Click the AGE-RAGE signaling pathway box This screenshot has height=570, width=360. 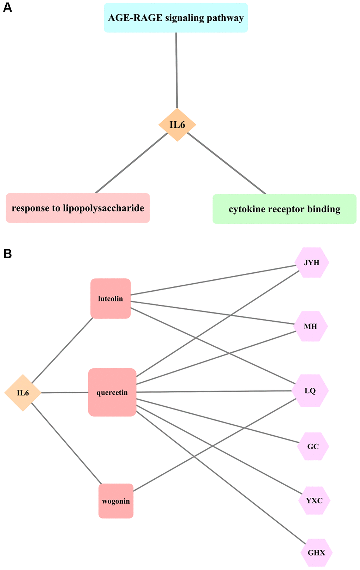click(176, 18)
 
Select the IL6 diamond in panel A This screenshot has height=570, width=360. click(177, 125)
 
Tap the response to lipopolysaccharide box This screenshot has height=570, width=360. click(78, 208)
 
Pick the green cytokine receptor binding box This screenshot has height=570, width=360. click(284, 209)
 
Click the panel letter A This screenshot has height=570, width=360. click(7, 7)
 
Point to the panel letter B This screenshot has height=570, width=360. click(7, 254)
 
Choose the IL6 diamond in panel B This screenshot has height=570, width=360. click(23, 393)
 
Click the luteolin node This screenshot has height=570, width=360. click(110, 299)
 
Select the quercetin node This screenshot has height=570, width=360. click(112, 392)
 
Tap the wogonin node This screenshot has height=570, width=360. click(116, 501)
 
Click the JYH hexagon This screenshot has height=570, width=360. click(312, 263)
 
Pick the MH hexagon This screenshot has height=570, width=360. click(311, 327)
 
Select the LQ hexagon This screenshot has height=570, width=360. click(310, 391)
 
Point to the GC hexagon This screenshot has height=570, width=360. click(313, 447)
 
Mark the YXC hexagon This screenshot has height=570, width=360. click(314, 501)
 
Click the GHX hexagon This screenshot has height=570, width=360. click(316, 553)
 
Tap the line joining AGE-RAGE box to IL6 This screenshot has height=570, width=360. click(176, 71)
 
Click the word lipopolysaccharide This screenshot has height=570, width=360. click(103, 208)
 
